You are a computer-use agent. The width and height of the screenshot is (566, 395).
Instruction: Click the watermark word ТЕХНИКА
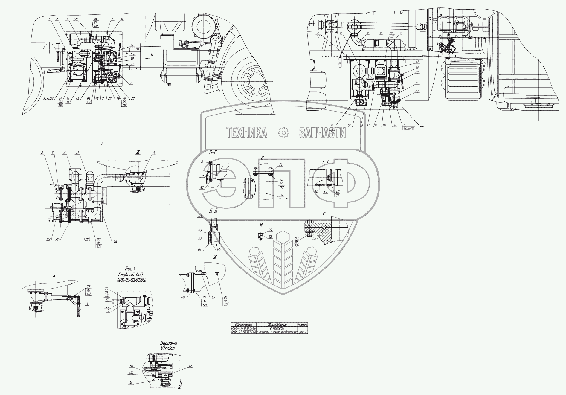[246, 133]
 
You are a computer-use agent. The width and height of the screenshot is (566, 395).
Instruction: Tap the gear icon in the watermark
[283, 133]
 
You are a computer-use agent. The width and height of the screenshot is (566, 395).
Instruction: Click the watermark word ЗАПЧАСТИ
[322, 133]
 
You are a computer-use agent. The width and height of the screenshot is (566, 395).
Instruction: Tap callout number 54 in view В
[280, 165]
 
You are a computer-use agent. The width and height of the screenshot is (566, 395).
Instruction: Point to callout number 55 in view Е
[314, 238]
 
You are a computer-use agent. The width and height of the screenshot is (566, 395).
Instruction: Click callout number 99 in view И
[270, 230]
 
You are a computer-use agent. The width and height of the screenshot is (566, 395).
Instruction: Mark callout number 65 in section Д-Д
[219, 249]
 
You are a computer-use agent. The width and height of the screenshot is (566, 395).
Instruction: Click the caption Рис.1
[131, 269]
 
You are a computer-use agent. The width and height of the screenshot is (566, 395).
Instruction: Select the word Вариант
[169, 343]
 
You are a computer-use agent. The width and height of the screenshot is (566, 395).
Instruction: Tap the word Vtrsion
[167, 348]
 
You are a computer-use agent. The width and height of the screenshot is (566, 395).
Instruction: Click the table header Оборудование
[277, 324]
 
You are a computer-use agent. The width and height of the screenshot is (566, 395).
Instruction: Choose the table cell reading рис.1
[303, 332]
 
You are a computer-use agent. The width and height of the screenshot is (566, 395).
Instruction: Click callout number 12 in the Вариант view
[190, 366]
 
